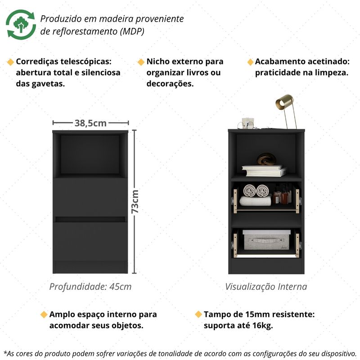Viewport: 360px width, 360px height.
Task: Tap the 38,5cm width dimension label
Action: coord(90,123)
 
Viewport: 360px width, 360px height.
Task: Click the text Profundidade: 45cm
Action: coord(90,286)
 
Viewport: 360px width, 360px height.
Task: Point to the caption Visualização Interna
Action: coord(266,286)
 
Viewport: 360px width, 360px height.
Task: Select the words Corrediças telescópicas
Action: coord(63,62)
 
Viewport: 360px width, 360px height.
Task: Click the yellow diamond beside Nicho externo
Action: coord(141,62)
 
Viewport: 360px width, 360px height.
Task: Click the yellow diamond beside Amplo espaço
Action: coord(44,314)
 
